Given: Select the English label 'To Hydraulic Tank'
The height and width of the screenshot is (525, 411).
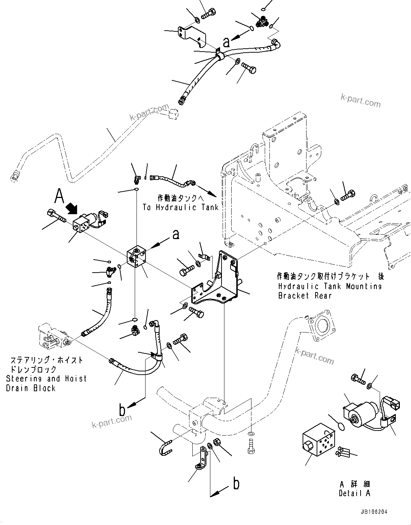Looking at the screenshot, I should pos(180,207).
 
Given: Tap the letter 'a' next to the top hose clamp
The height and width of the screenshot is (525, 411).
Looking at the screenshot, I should pos(226,43).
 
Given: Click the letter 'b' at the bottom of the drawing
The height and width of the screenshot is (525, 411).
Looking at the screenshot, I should pos(236,484).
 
